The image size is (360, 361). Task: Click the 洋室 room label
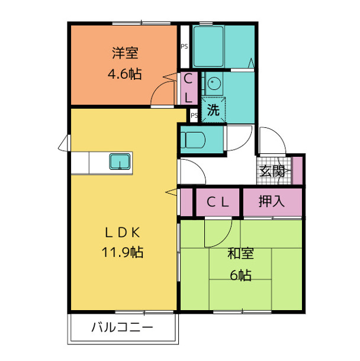(125, 53)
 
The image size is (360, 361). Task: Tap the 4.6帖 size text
(124, 75)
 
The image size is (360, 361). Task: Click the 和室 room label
(242, 254)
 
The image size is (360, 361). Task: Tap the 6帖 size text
(242, 275)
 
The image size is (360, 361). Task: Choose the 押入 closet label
(272, 201)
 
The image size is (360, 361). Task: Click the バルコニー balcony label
(123, 327)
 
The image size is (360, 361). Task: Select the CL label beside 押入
(217, 202)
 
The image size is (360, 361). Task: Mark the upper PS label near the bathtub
(184, 46)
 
